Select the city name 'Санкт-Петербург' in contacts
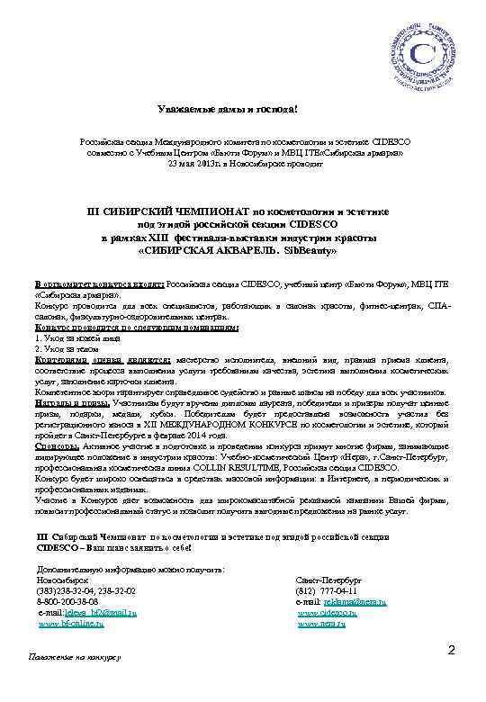point(328,580)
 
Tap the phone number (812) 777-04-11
point(328,590)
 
